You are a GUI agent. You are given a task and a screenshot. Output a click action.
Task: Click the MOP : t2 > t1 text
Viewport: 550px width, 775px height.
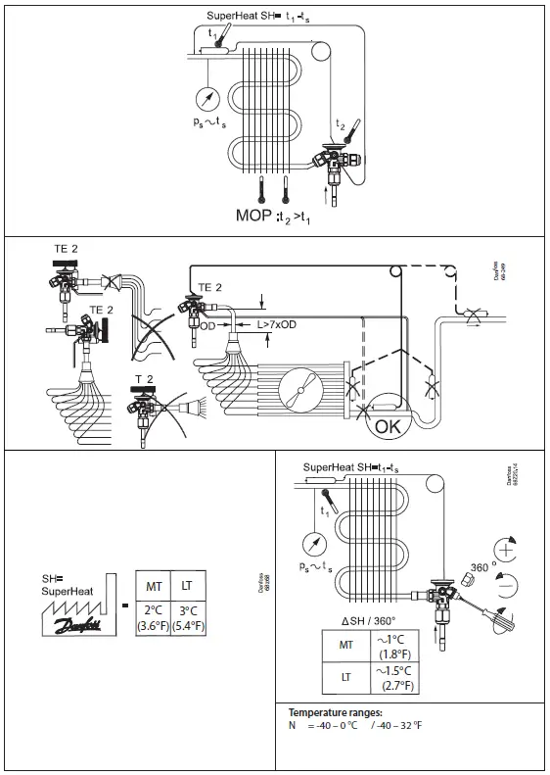[277, 213]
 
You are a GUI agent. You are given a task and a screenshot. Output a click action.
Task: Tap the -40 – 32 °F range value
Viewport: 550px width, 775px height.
[402, 725]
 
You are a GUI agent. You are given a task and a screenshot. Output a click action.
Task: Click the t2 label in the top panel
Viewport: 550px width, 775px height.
[340, 124]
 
